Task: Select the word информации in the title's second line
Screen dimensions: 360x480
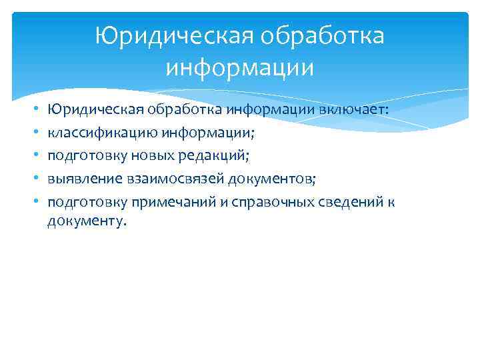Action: point(240,67)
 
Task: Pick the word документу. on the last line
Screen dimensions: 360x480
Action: point(86,221)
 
